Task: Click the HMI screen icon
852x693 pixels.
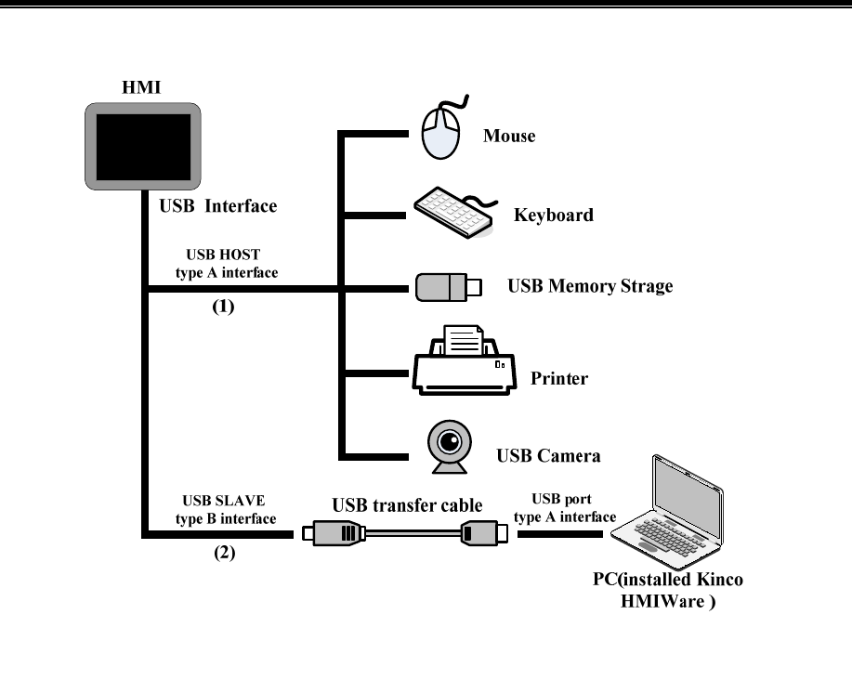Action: pos(143,147)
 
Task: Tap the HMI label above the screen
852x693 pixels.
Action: pos(141,87)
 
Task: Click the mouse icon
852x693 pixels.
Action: pos(443,129)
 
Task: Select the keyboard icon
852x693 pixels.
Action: pos(455,213)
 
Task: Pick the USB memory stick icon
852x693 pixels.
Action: pos(448,287)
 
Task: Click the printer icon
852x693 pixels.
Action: pos(464,360)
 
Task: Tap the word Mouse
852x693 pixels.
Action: pos(509,136)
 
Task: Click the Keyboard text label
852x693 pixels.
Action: pos(554,216)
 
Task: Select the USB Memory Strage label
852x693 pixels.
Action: pos(590,286)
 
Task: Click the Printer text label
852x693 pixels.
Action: pos(559,378)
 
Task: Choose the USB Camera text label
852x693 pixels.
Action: pos(548,456)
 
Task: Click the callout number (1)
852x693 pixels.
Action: pos(223,307)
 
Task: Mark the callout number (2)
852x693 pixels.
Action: pos(225,553)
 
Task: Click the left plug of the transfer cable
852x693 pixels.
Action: pos(333,533)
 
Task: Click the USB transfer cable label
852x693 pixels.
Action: pos(407,505)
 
